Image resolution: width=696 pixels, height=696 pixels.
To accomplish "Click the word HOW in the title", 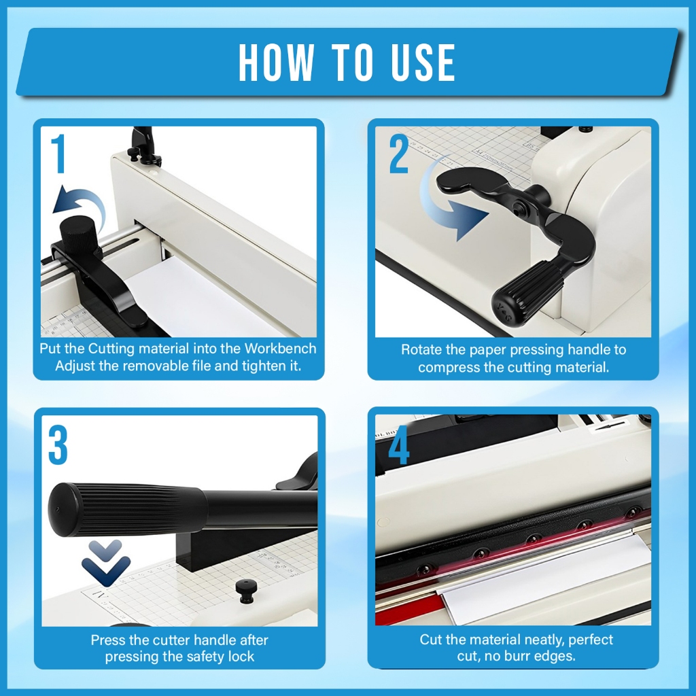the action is [277, 62].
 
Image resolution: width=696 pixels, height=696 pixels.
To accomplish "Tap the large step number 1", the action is [58, 154].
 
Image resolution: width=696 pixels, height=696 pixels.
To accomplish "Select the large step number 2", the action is [398, 154].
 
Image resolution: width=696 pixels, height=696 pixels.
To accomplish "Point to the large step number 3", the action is [58, 445].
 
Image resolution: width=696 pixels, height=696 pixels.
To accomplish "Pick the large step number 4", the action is [398, 445].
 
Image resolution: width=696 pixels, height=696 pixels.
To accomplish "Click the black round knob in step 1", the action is [79, 234].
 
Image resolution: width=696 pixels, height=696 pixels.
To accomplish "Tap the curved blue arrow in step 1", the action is [80, 207].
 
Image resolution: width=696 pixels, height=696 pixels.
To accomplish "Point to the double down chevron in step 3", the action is [105, 563].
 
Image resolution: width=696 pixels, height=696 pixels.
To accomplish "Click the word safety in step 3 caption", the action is [203, 657].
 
